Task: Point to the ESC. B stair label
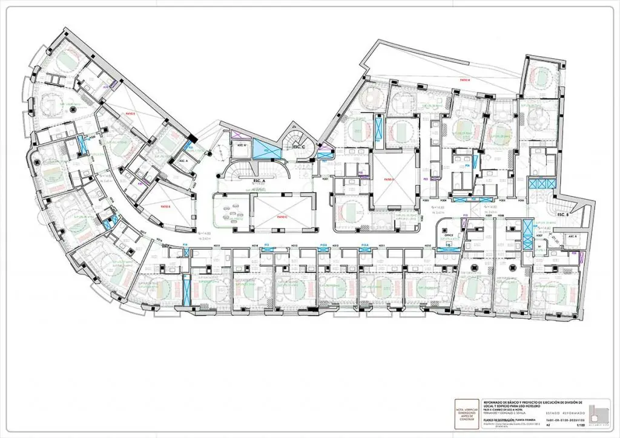pyautogui.click(x=563, y=215)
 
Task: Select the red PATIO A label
pyautogui.click(x=465, y=79)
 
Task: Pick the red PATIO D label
pyautogui.click(x=389, y=179)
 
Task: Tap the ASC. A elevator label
pyautogui.click(x=183, y=161)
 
